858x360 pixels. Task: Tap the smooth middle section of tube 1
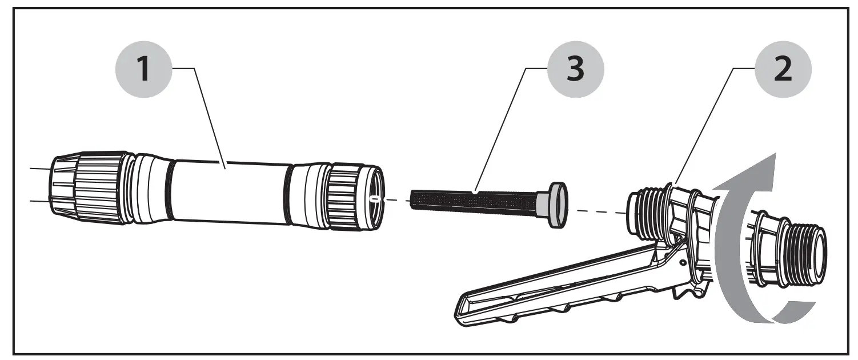228,191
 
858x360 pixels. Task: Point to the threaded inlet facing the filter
643,214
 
